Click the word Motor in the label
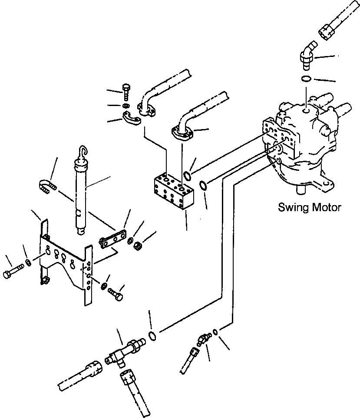[x=326, y=207]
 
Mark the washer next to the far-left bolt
[x=28, y=262]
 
